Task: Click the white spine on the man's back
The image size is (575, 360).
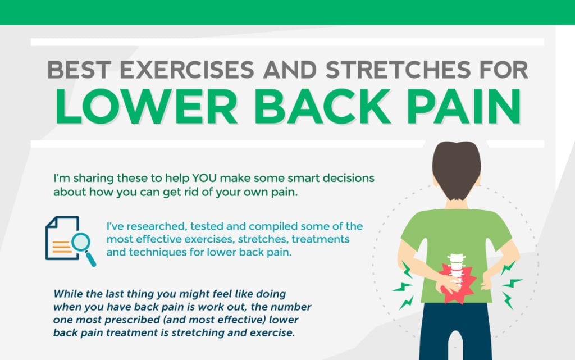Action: click(x=456, y=270)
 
